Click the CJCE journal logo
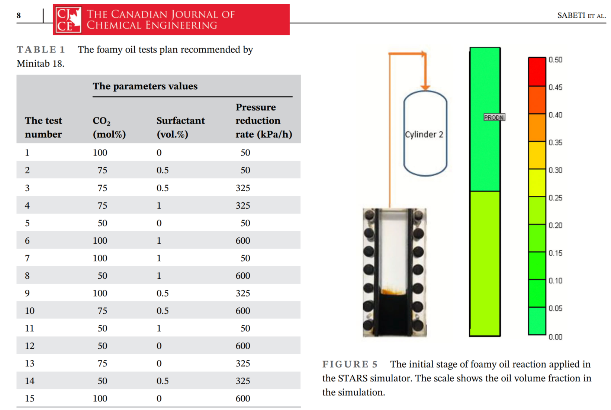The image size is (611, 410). point(68,20)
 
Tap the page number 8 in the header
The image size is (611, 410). point(19,16)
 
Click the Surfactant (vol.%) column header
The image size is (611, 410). point(180,127)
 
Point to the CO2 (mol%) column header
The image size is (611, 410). point(109,127)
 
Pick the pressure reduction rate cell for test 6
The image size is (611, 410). point(243,241)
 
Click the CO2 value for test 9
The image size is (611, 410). point(100,293)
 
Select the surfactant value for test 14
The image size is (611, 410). point(163,381)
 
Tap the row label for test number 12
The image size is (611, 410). point(30,346)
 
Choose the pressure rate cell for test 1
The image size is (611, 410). point(245,153)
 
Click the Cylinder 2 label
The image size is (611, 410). point(424,134)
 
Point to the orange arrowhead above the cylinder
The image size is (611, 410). point(425,88)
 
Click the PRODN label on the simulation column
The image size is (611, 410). point(494,118)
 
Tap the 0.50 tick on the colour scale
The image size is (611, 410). point(555,60)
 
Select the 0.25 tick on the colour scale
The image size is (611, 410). point(555,198)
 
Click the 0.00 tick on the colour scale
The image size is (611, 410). point(555,337)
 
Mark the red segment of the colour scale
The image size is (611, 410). point(537,72)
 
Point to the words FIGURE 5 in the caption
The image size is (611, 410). point(350,364)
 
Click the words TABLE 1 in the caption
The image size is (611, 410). point(41,49)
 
